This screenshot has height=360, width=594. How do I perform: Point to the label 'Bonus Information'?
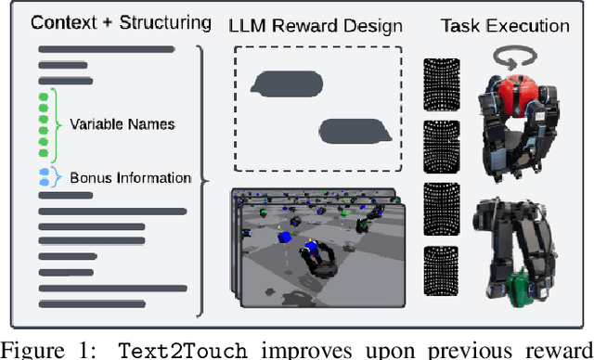[130, 177]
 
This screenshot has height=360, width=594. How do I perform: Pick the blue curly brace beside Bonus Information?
[58, 177]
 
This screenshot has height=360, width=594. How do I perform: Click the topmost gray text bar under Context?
[107, 49]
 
